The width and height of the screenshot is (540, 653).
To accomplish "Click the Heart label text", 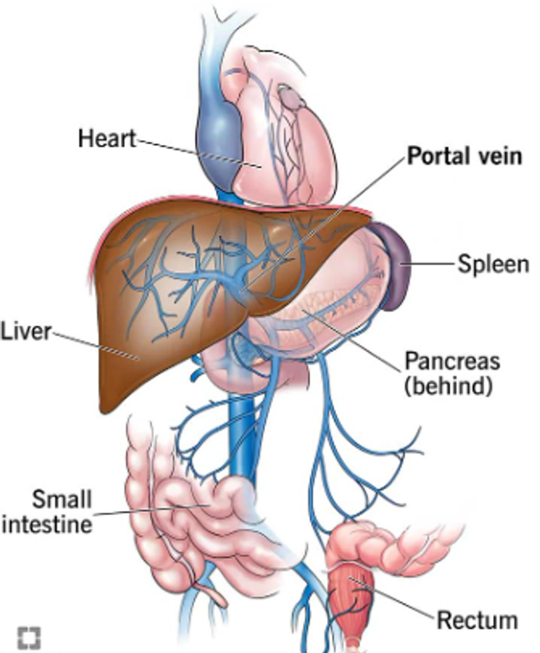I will [107, 139].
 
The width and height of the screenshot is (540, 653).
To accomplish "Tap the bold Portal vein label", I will [465, 156].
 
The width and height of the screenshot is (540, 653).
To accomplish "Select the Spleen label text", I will [492, 264].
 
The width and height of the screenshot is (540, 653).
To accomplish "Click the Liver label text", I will [26, 332].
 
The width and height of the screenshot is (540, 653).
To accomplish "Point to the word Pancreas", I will [452, 362].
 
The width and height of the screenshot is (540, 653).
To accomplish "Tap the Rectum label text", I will [477, 621].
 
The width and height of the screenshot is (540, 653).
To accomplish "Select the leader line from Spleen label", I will [431, 264].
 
